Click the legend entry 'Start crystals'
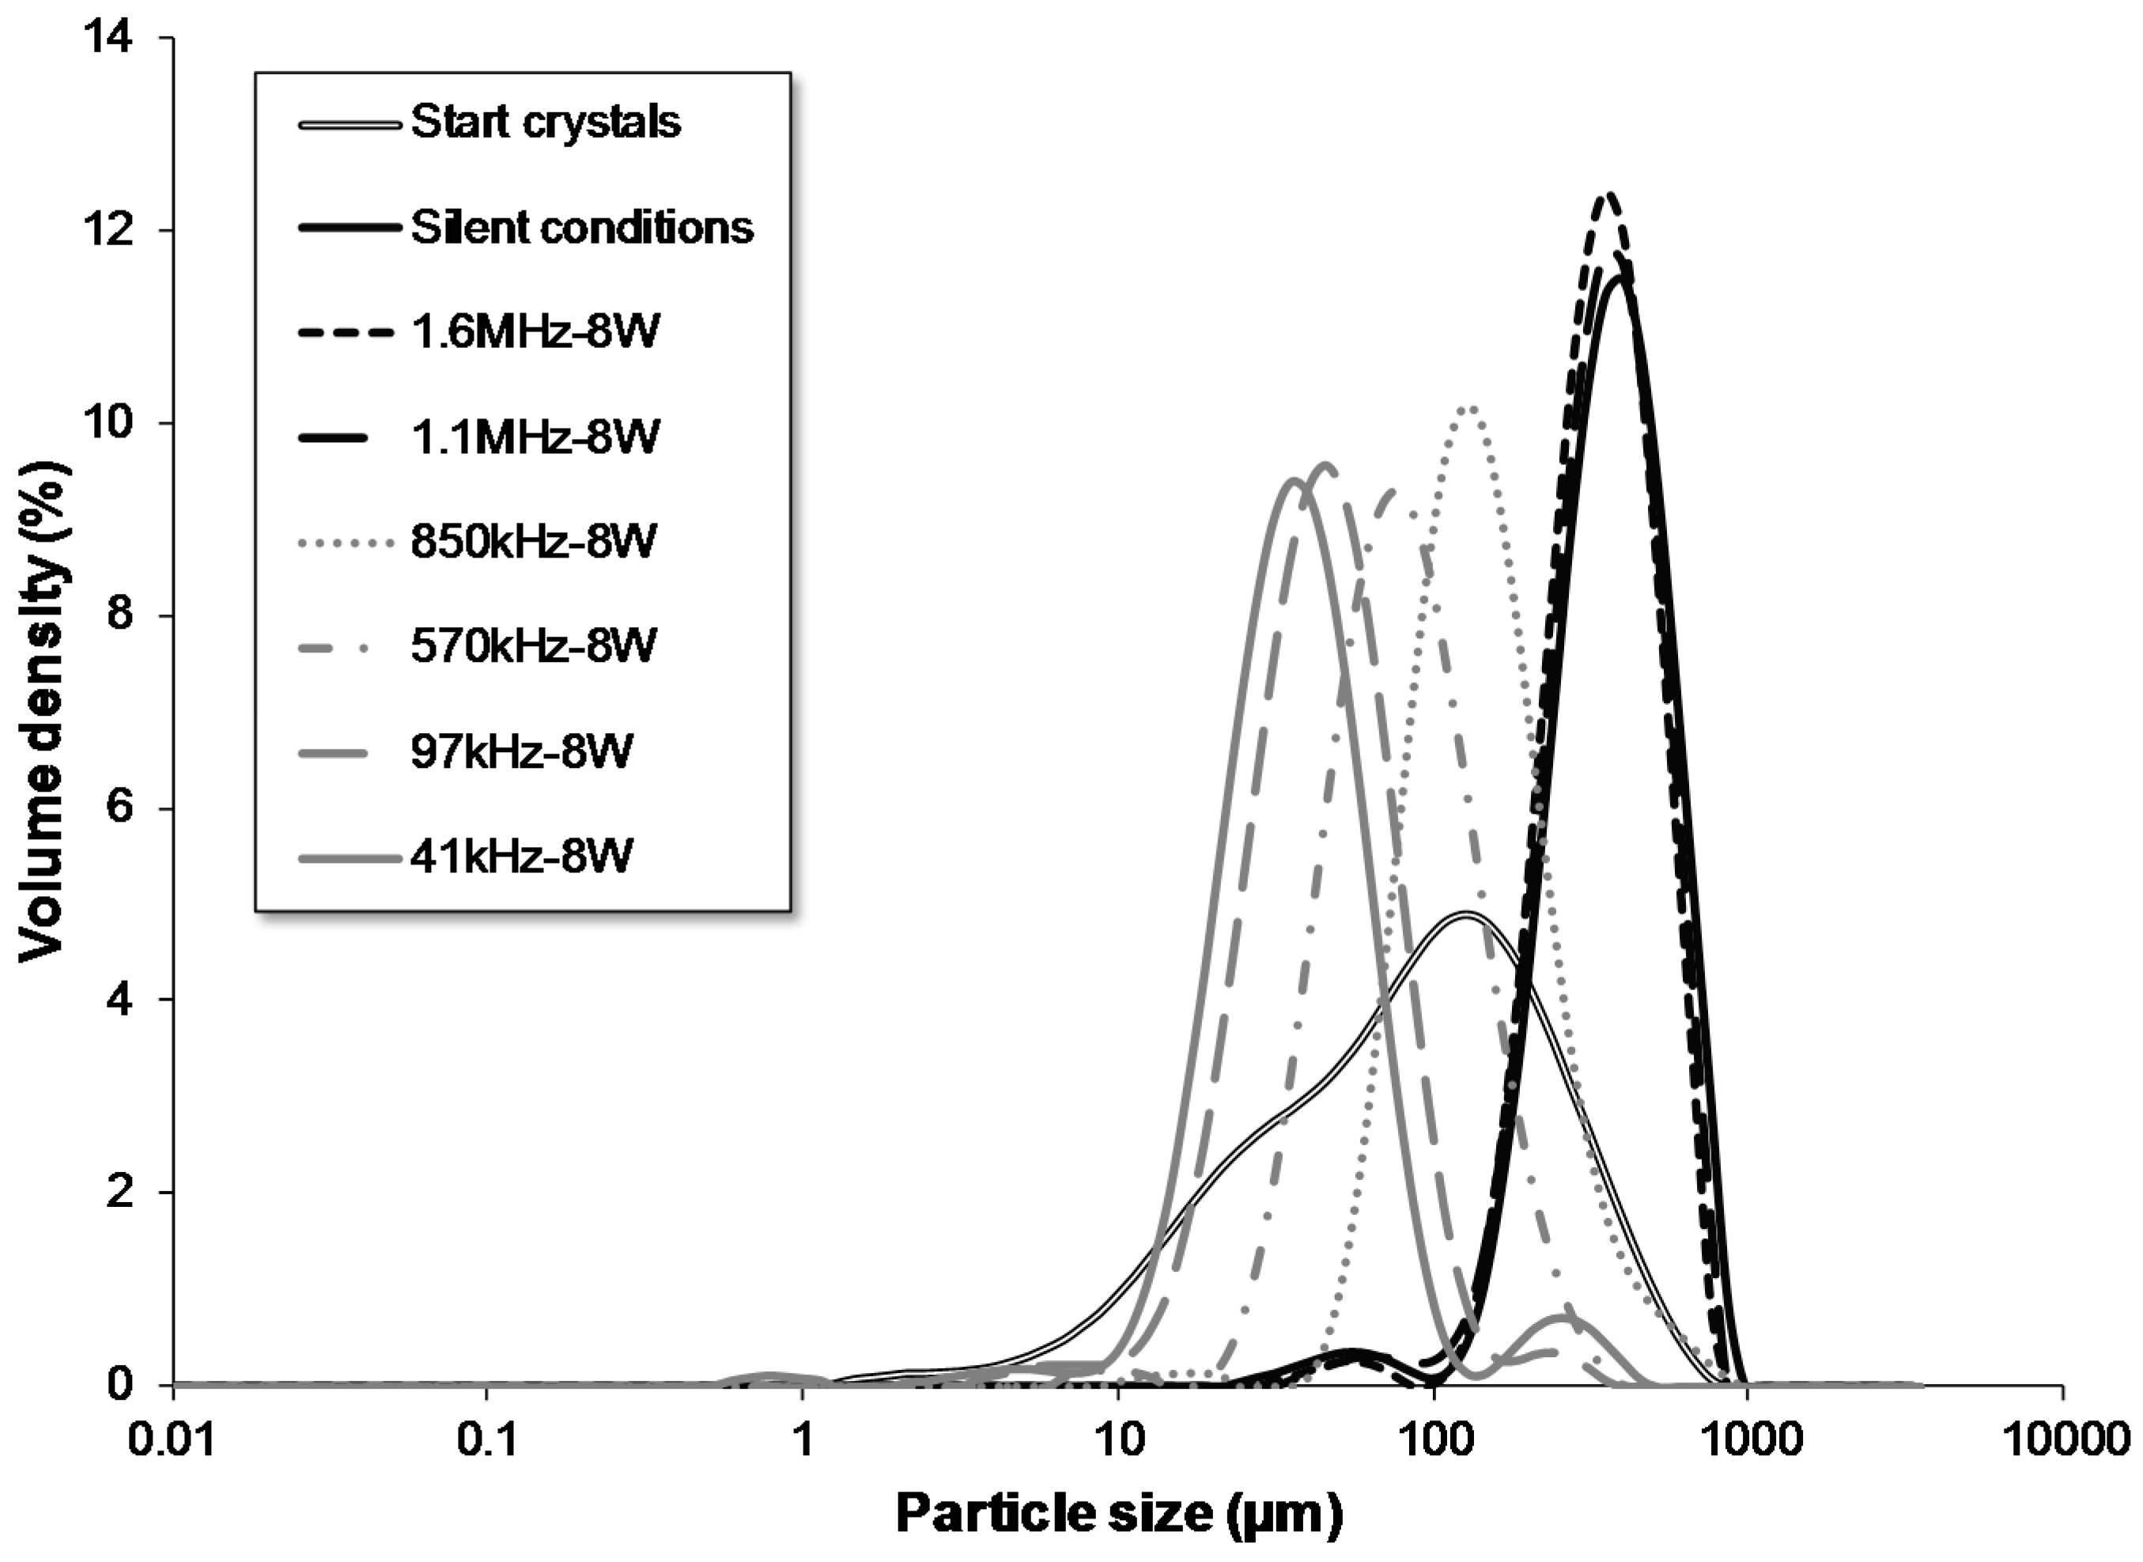pos(546,123)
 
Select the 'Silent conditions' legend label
pos(581,228)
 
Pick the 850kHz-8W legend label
pos(532,542)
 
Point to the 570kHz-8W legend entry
pos(532,647)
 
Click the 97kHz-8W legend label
pos(521,751)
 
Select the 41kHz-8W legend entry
pos(521,857)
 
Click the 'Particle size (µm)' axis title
pos(1118,1514)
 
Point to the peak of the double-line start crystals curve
pos(1465,914)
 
